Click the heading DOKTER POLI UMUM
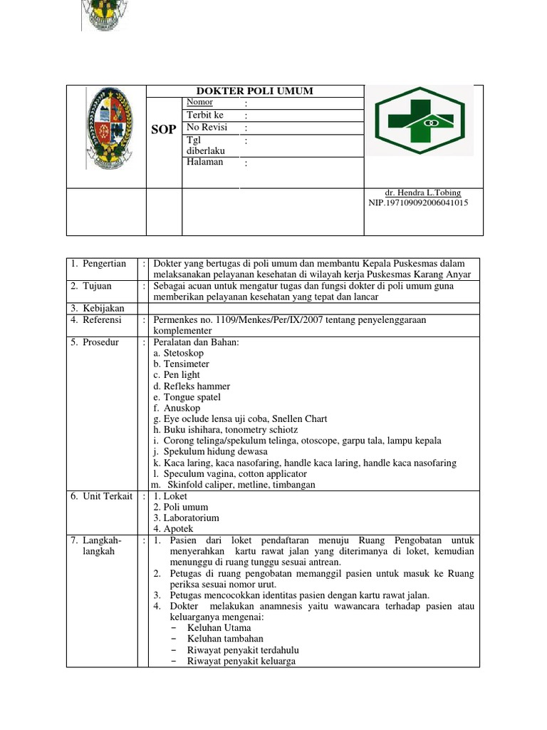pos(254,91)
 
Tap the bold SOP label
pos(163,130)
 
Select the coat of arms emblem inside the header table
pos(108,128)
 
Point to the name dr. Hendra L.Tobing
pos(422,192)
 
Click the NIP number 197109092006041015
pos(418,202)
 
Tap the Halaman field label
pos(204,162)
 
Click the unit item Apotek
pos(172,529)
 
